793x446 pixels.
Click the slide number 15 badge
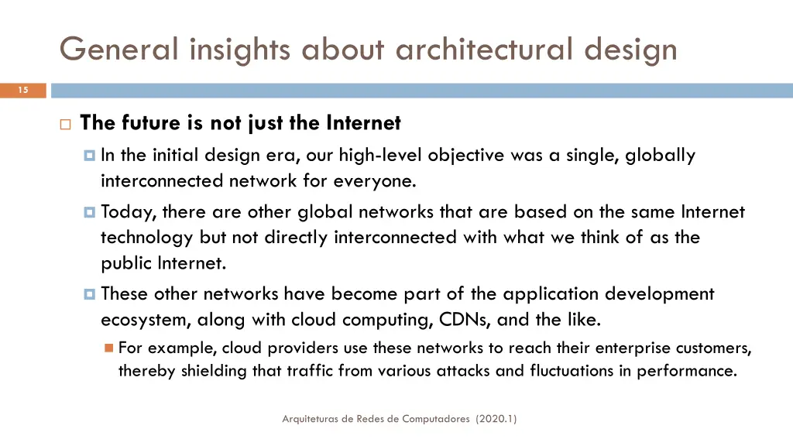pos(23,91)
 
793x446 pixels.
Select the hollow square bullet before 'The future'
pos(64,124)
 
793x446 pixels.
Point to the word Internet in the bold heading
pos(363,123)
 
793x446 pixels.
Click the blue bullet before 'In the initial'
pos(89,156)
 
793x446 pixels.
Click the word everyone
pos(375,181)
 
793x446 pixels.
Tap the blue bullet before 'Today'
pos(89,212)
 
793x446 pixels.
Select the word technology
pos(147,238)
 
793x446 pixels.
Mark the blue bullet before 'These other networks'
pos(89,294)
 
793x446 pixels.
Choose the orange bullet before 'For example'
pos(108,348)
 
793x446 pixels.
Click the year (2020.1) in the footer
pos(497,419)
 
